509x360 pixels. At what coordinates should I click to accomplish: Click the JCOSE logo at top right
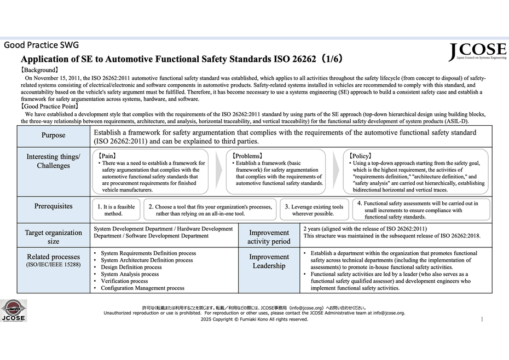click(477, 51)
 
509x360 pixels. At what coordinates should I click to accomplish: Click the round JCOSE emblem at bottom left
click(13, 310)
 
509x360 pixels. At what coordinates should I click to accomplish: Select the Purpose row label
click(53, 135)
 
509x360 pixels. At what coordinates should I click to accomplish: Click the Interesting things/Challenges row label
click(53, 161)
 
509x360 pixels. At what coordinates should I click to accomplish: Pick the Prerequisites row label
click(53, 206)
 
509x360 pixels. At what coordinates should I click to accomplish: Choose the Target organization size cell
click(53, 236)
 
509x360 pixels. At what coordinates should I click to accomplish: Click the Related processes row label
click(53, 260)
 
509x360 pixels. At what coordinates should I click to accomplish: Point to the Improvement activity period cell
click(269, 237)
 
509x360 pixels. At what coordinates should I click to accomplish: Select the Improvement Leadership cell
click(269, 261)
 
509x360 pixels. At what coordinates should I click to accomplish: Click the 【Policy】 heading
click(361, 156)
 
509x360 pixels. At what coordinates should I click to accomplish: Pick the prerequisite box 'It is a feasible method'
click(116, 210)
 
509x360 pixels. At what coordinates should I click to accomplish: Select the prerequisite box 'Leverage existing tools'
click(314, 210)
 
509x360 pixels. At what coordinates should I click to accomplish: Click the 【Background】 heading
click(40, 71)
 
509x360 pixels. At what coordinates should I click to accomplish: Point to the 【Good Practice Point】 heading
click(50, 106)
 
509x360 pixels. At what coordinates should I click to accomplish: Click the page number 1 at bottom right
click(482, 318)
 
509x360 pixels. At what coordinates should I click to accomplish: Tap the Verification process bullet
click(124, 281)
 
